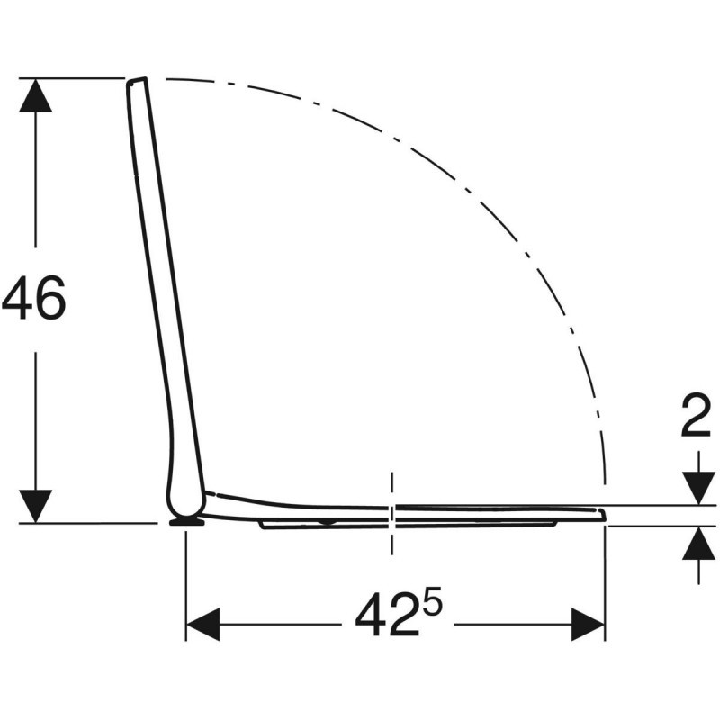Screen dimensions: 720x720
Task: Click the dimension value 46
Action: point(34,299)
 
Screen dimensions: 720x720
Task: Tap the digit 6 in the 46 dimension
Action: point(50,299)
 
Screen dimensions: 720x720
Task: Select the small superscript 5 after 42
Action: point(434,603)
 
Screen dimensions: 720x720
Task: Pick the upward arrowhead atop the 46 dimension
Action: point(35,95)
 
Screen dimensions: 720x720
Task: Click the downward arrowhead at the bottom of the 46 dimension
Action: point(35,505)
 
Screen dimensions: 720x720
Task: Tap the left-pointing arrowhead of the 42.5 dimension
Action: point(202,624)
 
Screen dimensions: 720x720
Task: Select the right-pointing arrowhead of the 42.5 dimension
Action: point(588,624)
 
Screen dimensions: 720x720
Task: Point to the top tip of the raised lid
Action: point(136,81)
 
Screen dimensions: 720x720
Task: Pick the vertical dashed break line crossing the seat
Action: point(391,513)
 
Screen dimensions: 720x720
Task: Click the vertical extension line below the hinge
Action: point(186,585)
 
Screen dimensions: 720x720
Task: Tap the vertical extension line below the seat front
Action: point(605,585)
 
